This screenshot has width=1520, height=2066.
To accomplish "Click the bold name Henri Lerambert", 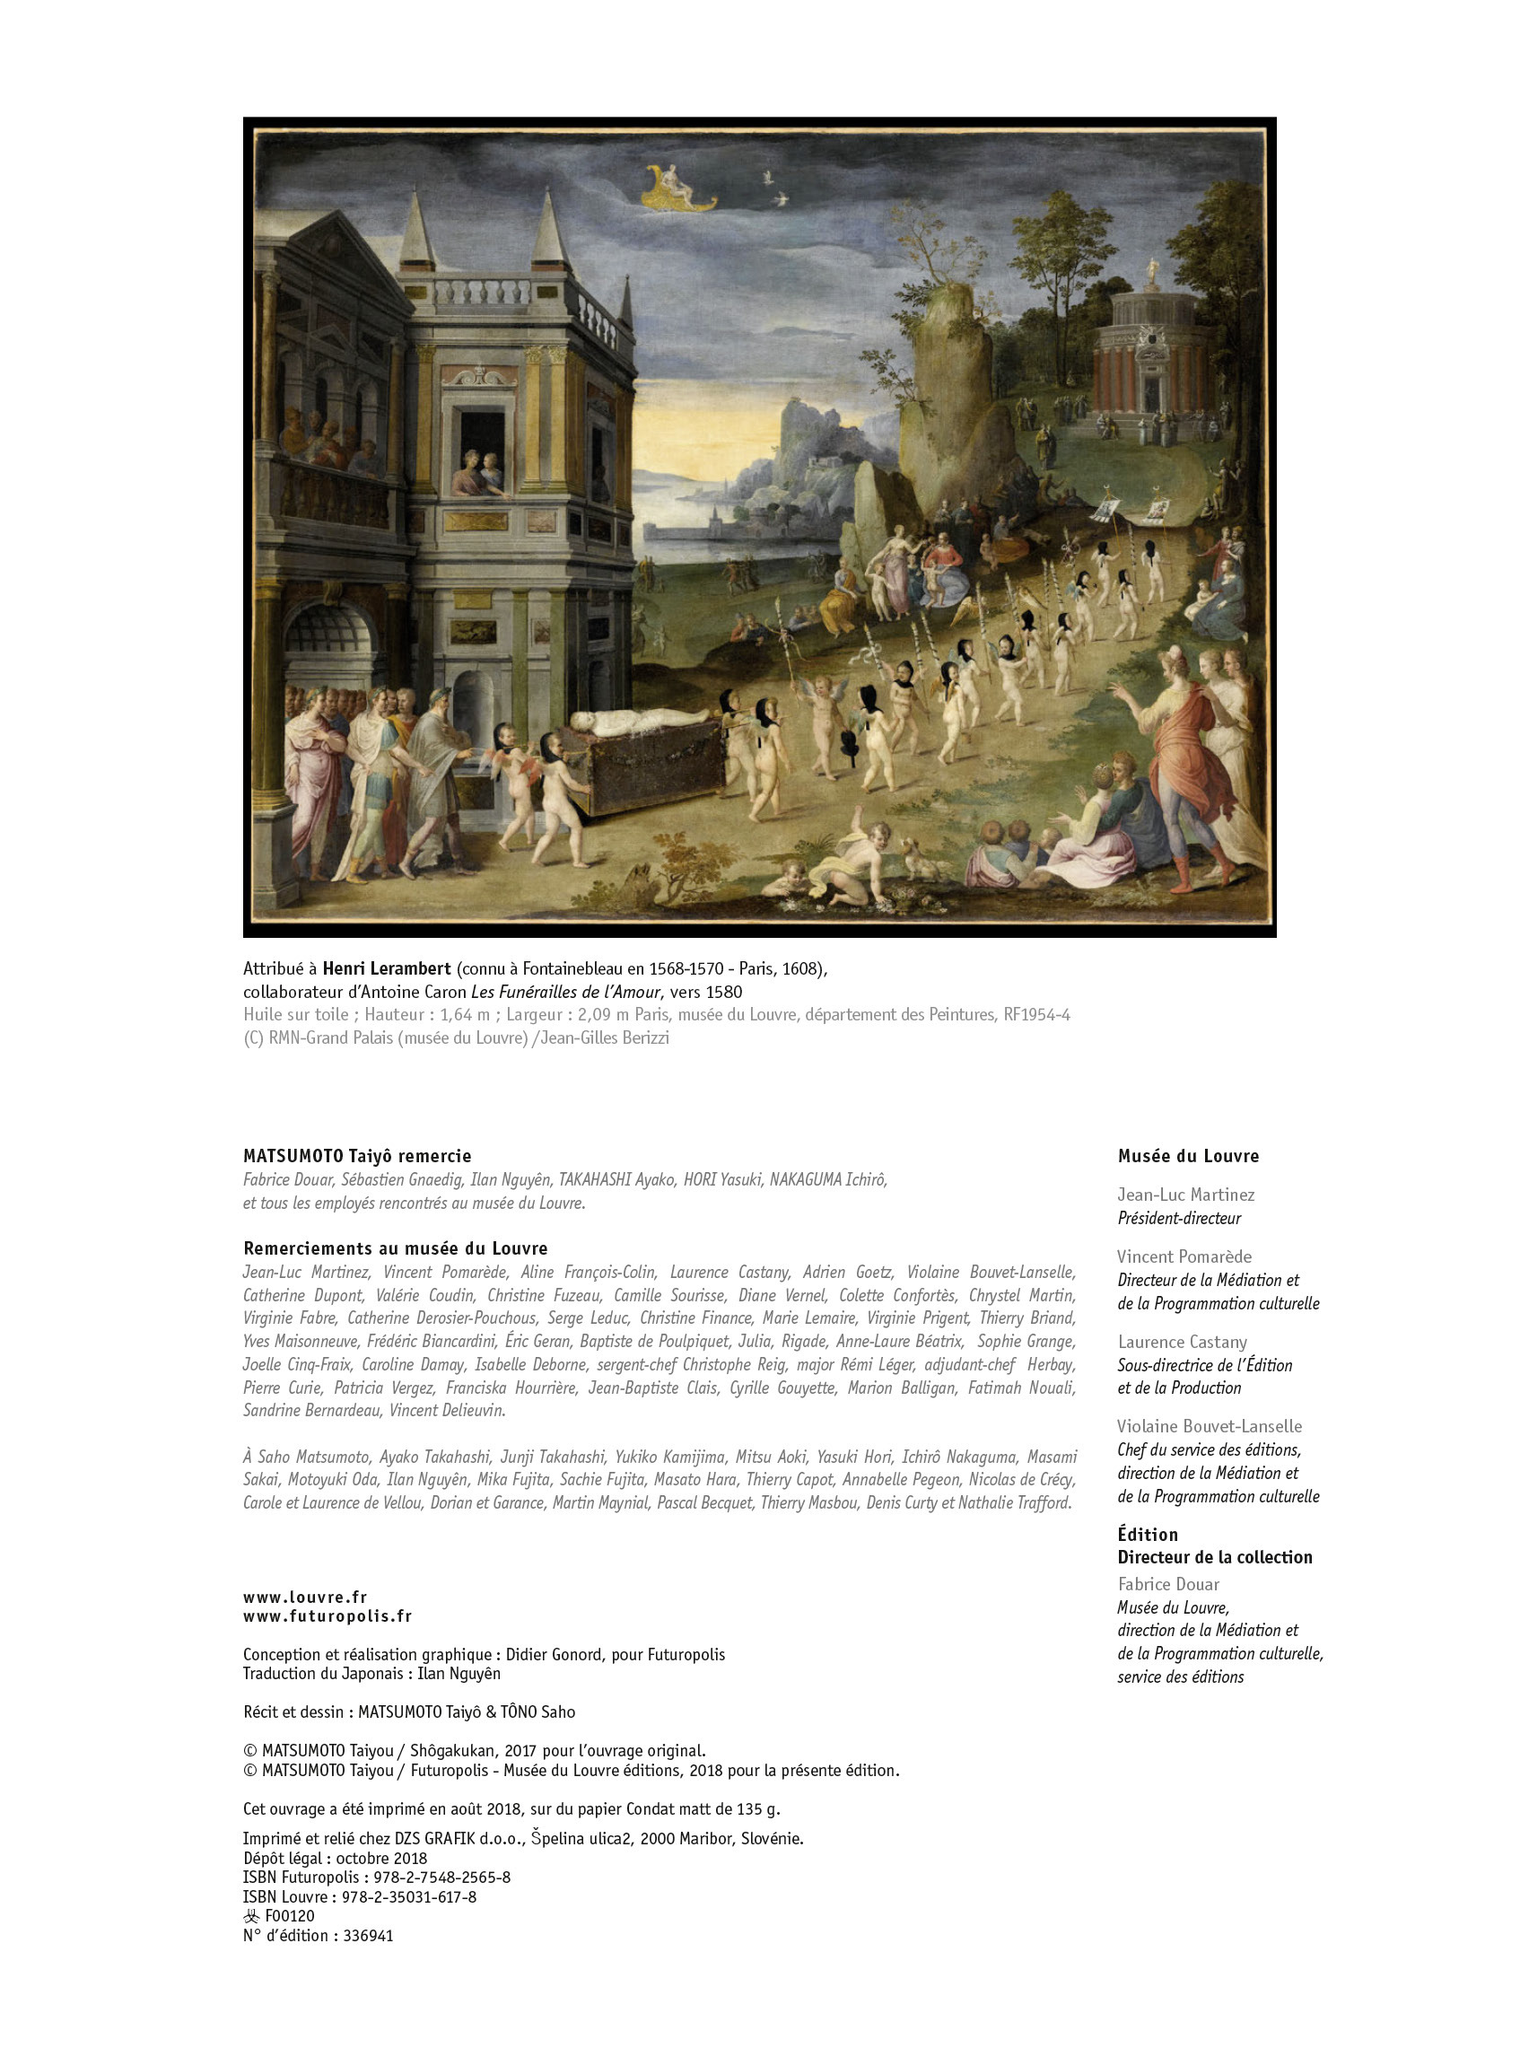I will coord(387,968).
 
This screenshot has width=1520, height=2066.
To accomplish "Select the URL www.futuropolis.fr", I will coord(327,1616).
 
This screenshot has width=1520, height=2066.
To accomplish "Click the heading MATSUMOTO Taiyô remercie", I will coord(357,1156).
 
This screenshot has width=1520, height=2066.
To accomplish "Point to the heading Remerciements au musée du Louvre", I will coord(395,1247).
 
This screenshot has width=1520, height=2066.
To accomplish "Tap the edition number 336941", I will coord(368,1935).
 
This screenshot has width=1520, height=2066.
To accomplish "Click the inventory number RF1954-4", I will coord(1036,1014).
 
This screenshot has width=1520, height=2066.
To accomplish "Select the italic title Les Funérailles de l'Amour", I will coord(566,992).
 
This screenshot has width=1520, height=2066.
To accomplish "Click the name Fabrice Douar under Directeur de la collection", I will coord(1168,1584).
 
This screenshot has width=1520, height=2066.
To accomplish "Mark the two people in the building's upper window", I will coord(481,471).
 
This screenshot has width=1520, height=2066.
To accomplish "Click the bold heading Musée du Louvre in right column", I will coord(1188,1156).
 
